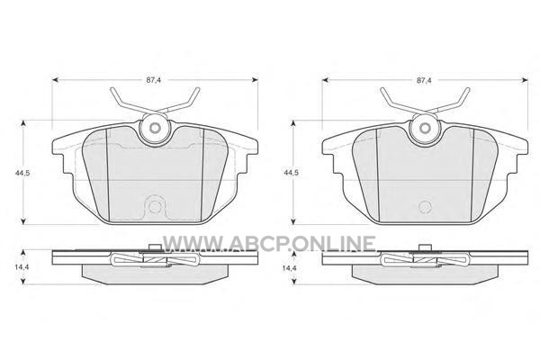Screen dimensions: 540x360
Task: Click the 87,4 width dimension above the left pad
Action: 154,80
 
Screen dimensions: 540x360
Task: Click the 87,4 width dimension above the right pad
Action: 424,80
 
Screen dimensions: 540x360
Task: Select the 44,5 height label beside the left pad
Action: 22,173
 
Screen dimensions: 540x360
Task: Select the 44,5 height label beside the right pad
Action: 291,173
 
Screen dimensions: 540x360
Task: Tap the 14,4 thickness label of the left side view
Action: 22,267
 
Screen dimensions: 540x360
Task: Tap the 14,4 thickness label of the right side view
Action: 290,267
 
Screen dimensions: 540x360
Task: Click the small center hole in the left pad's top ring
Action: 155,129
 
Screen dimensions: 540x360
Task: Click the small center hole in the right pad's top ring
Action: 425,129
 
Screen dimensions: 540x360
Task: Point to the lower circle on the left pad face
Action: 155,206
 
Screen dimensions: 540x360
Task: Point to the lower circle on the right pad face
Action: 425,206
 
